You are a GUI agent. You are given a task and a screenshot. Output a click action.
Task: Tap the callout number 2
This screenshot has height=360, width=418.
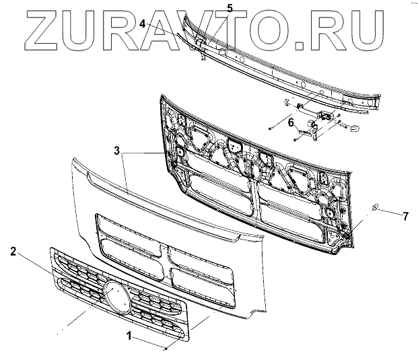(x=13, y=252)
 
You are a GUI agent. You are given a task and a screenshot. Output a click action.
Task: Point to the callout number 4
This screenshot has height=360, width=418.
(x=143, y=24)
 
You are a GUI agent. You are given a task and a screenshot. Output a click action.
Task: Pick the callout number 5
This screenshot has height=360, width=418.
(x=211, y=8)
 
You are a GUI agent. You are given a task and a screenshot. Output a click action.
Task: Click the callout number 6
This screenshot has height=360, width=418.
(x=291, y=122)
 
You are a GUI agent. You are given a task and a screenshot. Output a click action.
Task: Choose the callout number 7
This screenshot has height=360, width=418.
(x=405, y=216)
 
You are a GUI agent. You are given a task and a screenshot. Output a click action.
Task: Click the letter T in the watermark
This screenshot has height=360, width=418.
(x=239, y=30)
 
